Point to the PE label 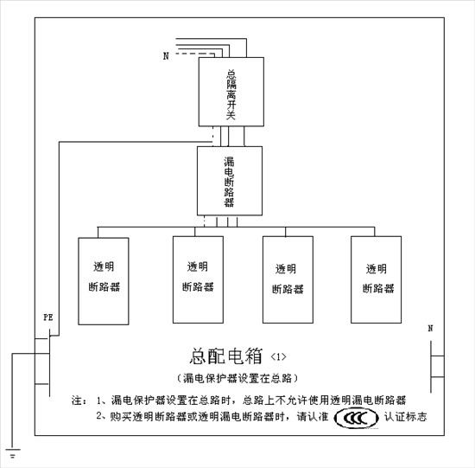point(48,317)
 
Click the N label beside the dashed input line point(166,56)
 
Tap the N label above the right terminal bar point(430,328)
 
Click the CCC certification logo point(356,418)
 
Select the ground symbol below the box point(13,453)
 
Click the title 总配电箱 point(226,356)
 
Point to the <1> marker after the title point(278,356)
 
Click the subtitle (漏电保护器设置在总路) point(237,378)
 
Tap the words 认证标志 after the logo point(406,417)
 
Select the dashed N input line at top point(195,54)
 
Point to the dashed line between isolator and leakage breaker point(212,137)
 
